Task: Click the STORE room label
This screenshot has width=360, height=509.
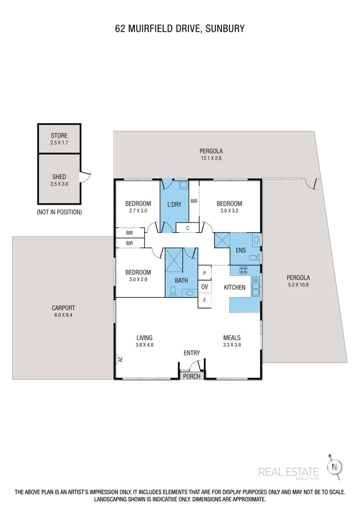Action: pyautogui.click(x=59, y=135)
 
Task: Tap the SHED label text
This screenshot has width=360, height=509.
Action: pyautogui.click(x=59, y=177)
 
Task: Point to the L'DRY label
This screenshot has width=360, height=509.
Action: pyautogui.click(x=174, y=204)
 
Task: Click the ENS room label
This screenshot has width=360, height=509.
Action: pyautogui.click(x=241, y=250)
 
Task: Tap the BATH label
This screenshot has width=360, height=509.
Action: pyautogui.click(x=182, y=281)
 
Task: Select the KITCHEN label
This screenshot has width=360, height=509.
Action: pyautogui.click(x=235, y=288)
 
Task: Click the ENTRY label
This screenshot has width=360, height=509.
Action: pyautogui.click(x=192, y=353)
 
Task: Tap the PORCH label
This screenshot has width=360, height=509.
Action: pyautogui.click(x=192, y=376)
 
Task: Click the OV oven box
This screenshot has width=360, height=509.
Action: pyautogui.click(x=205, y=287)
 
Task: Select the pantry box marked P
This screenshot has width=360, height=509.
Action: pyautogui.click(x=205, y=274)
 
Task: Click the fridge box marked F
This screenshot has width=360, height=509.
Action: pyautogui.click(x=205, y=300)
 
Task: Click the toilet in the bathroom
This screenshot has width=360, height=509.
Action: pyautogui.click(x=173, y=291)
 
